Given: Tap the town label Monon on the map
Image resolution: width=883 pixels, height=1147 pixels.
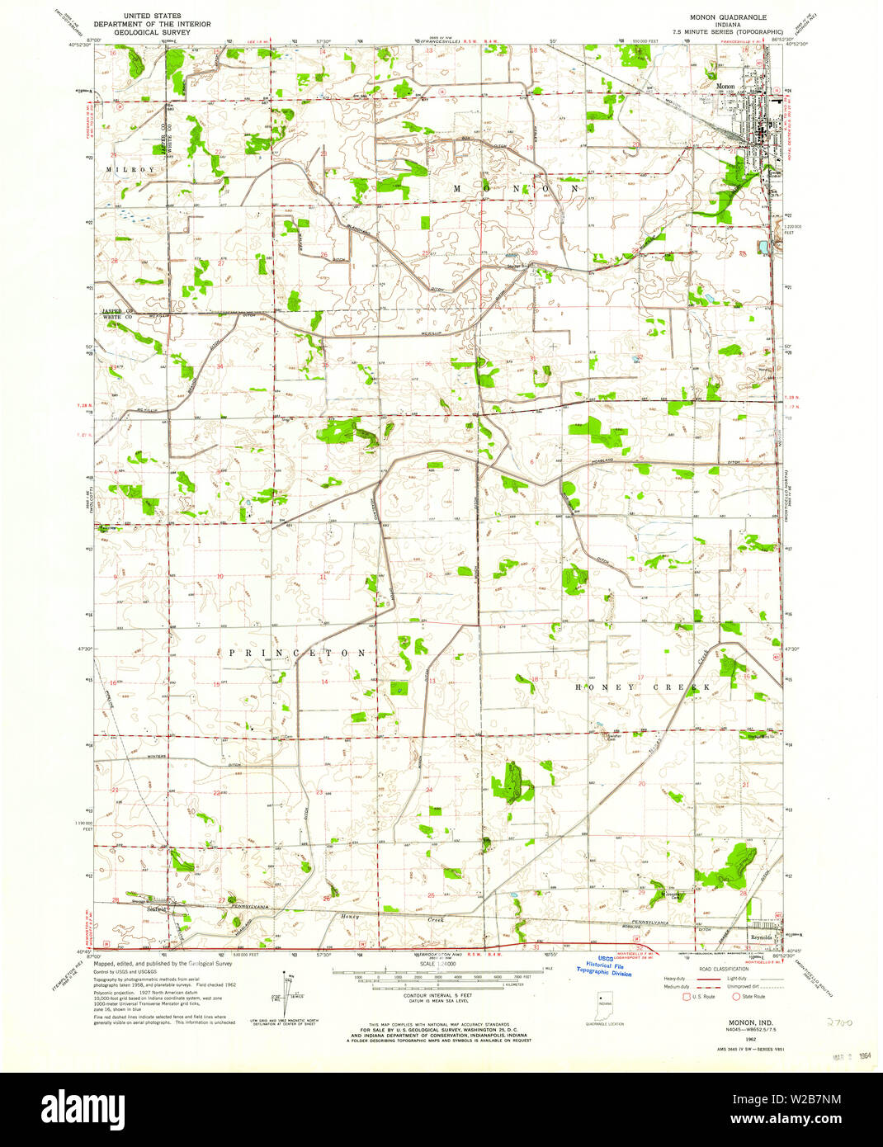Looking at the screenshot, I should [x=725, y=86].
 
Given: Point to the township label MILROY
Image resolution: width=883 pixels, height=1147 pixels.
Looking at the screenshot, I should [x=130, y=170].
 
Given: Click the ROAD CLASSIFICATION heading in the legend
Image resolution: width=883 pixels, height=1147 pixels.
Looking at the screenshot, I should [x=715, y=970].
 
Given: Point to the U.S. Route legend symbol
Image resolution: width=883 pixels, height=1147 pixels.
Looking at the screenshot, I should [x=685, y=996].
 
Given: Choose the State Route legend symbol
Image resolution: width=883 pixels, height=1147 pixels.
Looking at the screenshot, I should [x=736, y=996].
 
